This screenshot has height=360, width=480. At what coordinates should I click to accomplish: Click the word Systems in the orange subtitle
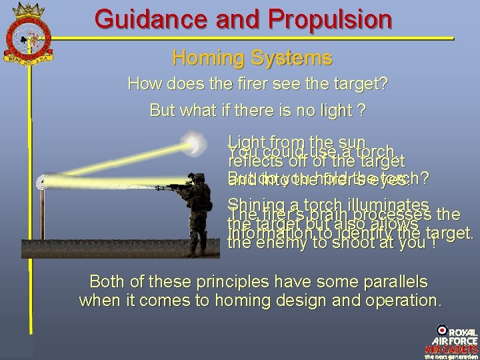(x=293, y=58)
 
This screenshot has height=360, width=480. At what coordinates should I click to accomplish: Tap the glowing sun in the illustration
(x=195, y=143)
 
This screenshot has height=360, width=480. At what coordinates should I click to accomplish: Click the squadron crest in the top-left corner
(x=27, y=40)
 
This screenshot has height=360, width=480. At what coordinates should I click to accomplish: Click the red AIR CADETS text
(x=452, y=349)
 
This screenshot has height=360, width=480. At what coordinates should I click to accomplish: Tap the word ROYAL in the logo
(x=463, y=331)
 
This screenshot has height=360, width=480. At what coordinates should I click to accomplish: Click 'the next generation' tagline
(x=452, y=356)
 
